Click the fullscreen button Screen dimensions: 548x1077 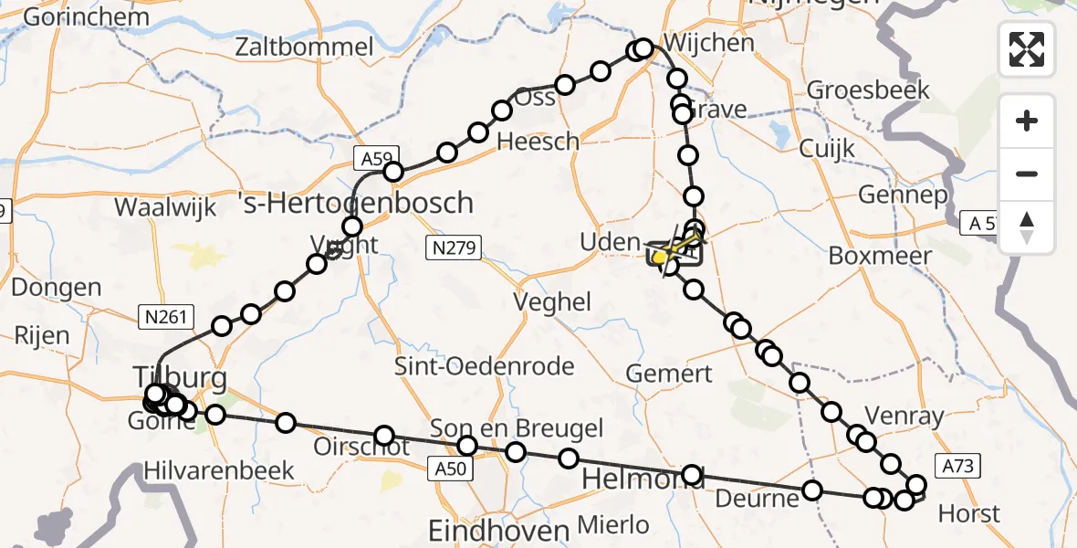(1027, 48)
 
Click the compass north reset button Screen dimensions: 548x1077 (1027, 227)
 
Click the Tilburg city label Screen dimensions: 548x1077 (180, 376)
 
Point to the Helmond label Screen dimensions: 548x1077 (643, 478)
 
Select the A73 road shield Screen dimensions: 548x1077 (958, 467)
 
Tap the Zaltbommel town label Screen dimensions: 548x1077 (304, 47)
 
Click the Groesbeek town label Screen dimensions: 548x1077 (868, 90)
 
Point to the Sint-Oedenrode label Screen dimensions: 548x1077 (484, 367)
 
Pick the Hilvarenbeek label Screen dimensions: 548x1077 (219, 471)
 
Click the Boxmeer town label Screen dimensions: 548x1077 (880, 255)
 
